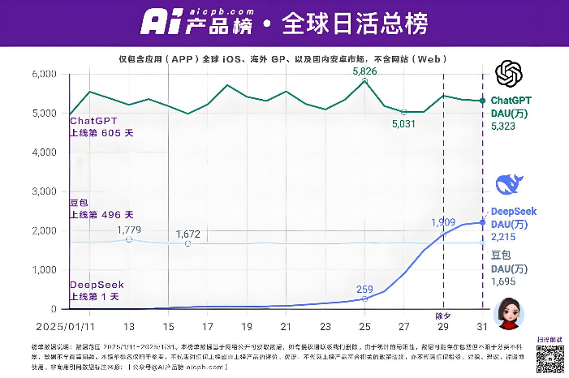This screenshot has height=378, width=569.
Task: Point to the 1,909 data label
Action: [442, 222]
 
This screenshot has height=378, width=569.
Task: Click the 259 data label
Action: [364, 289]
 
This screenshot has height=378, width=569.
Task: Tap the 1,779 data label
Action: [129, 230]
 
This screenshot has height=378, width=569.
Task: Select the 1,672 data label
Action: [188, 234]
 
